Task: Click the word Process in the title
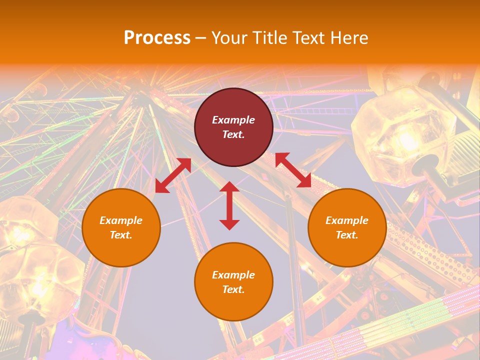pos(157,38)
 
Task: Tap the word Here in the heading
pos(348,38)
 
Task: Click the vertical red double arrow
pos(229,205)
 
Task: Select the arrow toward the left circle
pos(173,175)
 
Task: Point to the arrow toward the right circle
pos(293,170)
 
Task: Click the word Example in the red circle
pos(233,120)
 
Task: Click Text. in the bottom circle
pos(233,289)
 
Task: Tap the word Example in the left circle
pos(121,220)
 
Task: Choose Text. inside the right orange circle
pos(347,235)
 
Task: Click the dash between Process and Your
pos(200,38)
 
